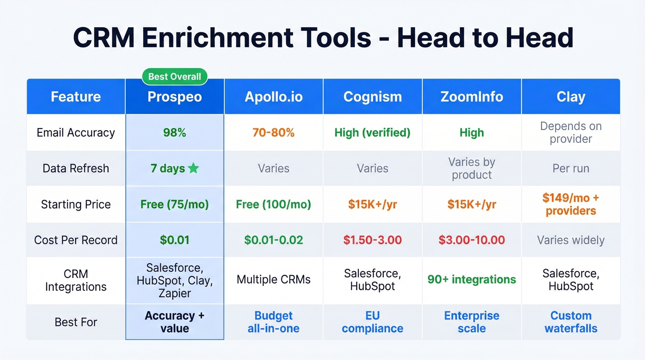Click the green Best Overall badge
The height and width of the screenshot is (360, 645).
click(175, 77)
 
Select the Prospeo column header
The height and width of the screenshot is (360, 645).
click(175, 97)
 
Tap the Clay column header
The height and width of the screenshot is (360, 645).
click(570, 97)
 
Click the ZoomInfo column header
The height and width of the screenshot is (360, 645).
click(471, 97)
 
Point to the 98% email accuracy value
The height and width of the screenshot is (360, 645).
click(175, 133)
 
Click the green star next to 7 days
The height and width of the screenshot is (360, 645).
click(193, 168)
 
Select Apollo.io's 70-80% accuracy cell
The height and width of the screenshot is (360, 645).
click(273, 133)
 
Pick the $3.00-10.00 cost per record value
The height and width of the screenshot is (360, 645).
click(471, 240)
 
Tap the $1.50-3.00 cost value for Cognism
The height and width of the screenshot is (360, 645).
click(372, 240)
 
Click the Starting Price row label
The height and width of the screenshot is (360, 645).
click(76, 204)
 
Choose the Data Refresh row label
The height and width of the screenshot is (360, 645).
click(76, 168)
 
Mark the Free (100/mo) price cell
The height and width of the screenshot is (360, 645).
click(273, 204)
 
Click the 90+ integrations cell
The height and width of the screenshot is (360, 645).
click(471, 279)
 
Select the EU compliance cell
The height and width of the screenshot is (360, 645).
click(372, 322)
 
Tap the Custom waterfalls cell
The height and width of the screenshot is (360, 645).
click(570, 322)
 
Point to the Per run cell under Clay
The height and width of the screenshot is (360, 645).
click(570, 168)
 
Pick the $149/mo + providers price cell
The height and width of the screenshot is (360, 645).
click(570, 204)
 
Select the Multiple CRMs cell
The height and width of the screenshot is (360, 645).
click(273, 279)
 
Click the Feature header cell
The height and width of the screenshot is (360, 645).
click(76, 97)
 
